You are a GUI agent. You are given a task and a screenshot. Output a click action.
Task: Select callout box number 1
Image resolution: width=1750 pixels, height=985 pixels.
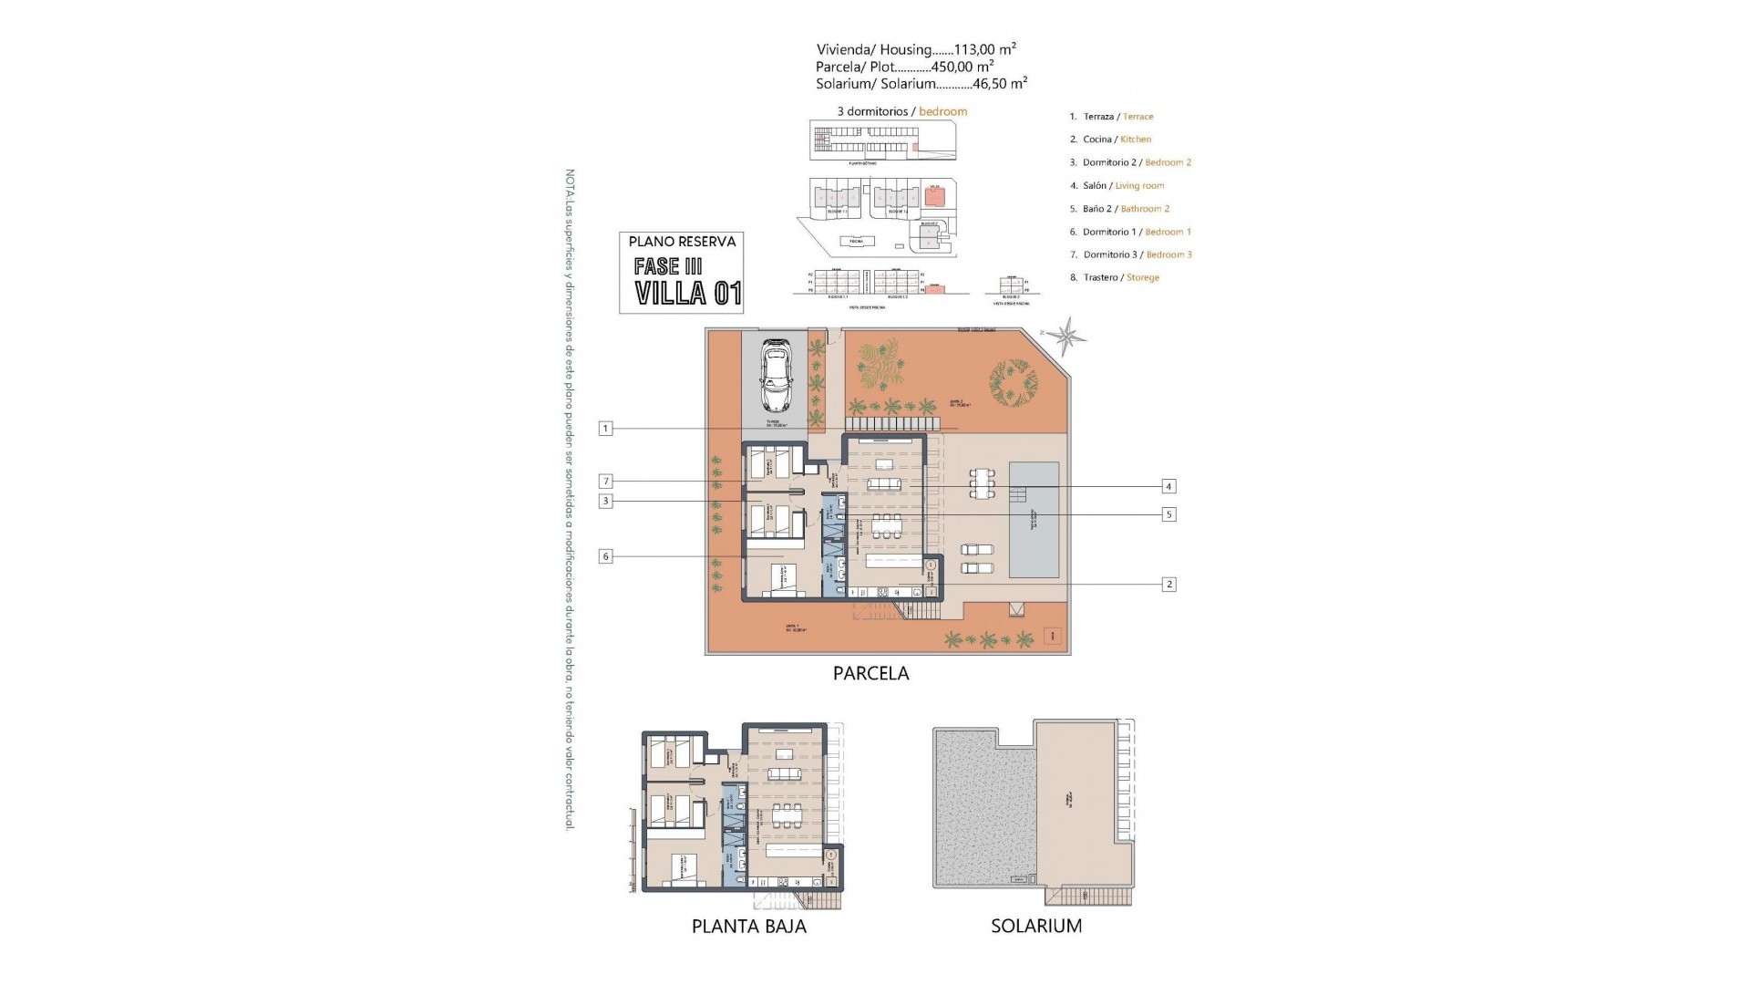pos(605,428)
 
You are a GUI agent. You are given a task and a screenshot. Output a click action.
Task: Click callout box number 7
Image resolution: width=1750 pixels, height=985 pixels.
pos(605,482)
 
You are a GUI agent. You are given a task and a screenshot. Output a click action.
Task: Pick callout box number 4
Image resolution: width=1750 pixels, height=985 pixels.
pos(1168,487)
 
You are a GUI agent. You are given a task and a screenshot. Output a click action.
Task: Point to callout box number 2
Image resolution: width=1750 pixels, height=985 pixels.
pos(1169,585)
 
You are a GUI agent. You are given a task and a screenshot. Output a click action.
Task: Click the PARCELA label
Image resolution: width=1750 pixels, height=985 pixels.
pos(870,674)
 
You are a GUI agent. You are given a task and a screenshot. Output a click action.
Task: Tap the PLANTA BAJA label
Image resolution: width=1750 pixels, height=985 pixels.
pos(748,927)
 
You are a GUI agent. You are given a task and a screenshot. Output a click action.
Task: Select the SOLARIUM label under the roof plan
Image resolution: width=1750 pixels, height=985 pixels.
pos(1036,927)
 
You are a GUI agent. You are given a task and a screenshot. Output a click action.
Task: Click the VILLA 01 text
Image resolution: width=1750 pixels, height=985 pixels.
pos(688,294)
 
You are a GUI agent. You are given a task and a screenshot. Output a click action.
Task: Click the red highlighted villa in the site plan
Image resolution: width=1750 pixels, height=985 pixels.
pos(932,196)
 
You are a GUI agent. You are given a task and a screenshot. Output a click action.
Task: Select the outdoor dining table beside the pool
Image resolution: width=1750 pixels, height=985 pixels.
pos(981,483)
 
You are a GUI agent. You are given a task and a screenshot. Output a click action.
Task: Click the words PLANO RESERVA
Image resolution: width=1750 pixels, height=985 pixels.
pos(682,242)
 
